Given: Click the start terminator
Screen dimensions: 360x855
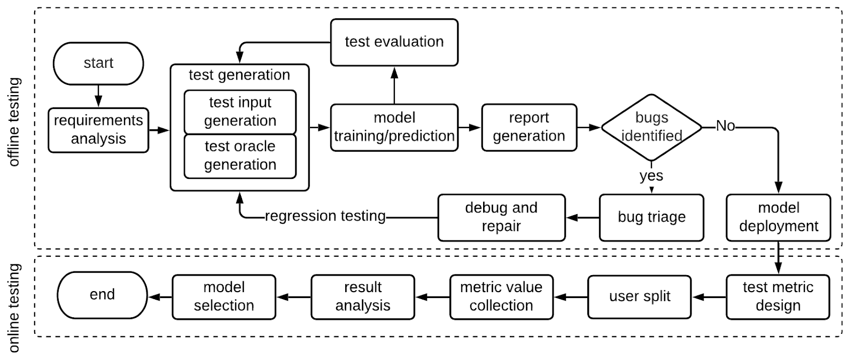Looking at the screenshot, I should coord(98,63).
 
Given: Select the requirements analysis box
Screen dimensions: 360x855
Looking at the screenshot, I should coord(98,130).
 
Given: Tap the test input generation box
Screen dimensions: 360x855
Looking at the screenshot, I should coord(240,112).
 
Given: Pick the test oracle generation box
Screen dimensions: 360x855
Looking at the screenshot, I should coord(240,155).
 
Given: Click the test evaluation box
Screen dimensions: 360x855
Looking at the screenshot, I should coord(394,42).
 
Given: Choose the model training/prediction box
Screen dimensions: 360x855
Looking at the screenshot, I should coord(394,127).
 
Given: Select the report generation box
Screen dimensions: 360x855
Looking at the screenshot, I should coord(529,127).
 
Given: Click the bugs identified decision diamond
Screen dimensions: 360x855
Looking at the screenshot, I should coord(651,127).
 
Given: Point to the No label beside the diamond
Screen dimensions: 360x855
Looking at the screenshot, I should coord(725,126).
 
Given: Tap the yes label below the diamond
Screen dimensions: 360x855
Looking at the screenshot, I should coord(651,176).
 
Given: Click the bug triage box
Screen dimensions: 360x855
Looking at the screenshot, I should coord(651,217).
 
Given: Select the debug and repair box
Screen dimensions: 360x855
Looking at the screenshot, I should coord(501,217).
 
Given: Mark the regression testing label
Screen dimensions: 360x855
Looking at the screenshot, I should coord(325,216).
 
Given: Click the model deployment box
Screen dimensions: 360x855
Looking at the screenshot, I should coord(779,217).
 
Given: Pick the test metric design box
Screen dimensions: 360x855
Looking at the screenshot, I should coord(778,296).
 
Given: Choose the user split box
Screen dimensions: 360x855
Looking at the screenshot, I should coord(640,296).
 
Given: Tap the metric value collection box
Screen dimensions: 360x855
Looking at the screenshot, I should coord(501,296).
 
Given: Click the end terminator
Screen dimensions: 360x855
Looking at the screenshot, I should coord(102,295).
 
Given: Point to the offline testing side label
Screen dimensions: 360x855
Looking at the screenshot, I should coord(14,122).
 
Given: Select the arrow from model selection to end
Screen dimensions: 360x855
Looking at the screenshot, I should coord(160,297).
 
